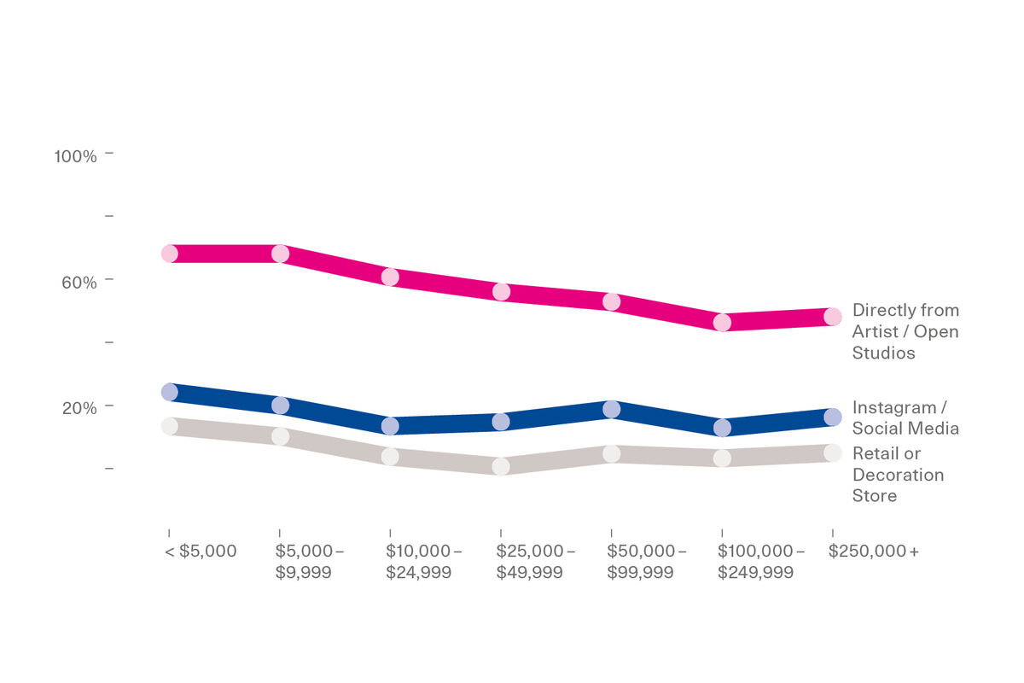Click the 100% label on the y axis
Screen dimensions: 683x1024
click(75, 156)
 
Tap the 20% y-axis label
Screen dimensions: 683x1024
click(79, 407)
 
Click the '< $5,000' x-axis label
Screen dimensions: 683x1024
click(200, 552)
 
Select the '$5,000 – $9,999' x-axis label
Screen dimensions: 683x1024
click(309, 562)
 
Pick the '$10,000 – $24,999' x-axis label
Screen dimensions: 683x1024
click(423, 562)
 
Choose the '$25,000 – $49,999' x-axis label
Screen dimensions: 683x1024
click(535, 562)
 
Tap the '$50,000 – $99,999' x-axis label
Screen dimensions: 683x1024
click(646, 562)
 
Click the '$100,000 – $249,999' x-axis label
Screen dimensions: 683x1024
click(760, 562)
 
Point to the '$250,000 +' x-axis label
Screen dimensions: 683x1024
click(873, 552)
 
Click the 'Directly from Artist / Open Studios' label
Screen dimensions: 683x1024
click(905, 331)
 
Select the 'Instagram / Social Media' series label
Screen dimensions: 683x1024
click(905, 417)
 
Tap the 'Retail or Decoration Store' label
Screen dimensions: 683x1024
click(898, 474)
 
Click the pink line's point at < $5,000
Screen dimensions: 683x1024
click(169, 254)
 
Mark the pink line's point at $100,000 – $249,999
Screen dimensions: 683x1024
click(722, 323)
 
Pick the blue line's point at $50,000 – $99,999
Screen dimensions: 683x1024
click(611, 409)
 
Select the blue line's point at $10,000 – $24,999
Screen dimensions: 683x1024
click(390, 425)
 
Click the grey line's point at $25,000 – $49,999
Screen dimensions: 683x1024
click(501, 466)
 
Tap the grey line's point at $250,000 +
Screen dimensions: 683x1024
click(833, 452)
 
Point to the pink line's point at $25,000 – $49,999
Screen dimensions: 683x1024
click(501, 292)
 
